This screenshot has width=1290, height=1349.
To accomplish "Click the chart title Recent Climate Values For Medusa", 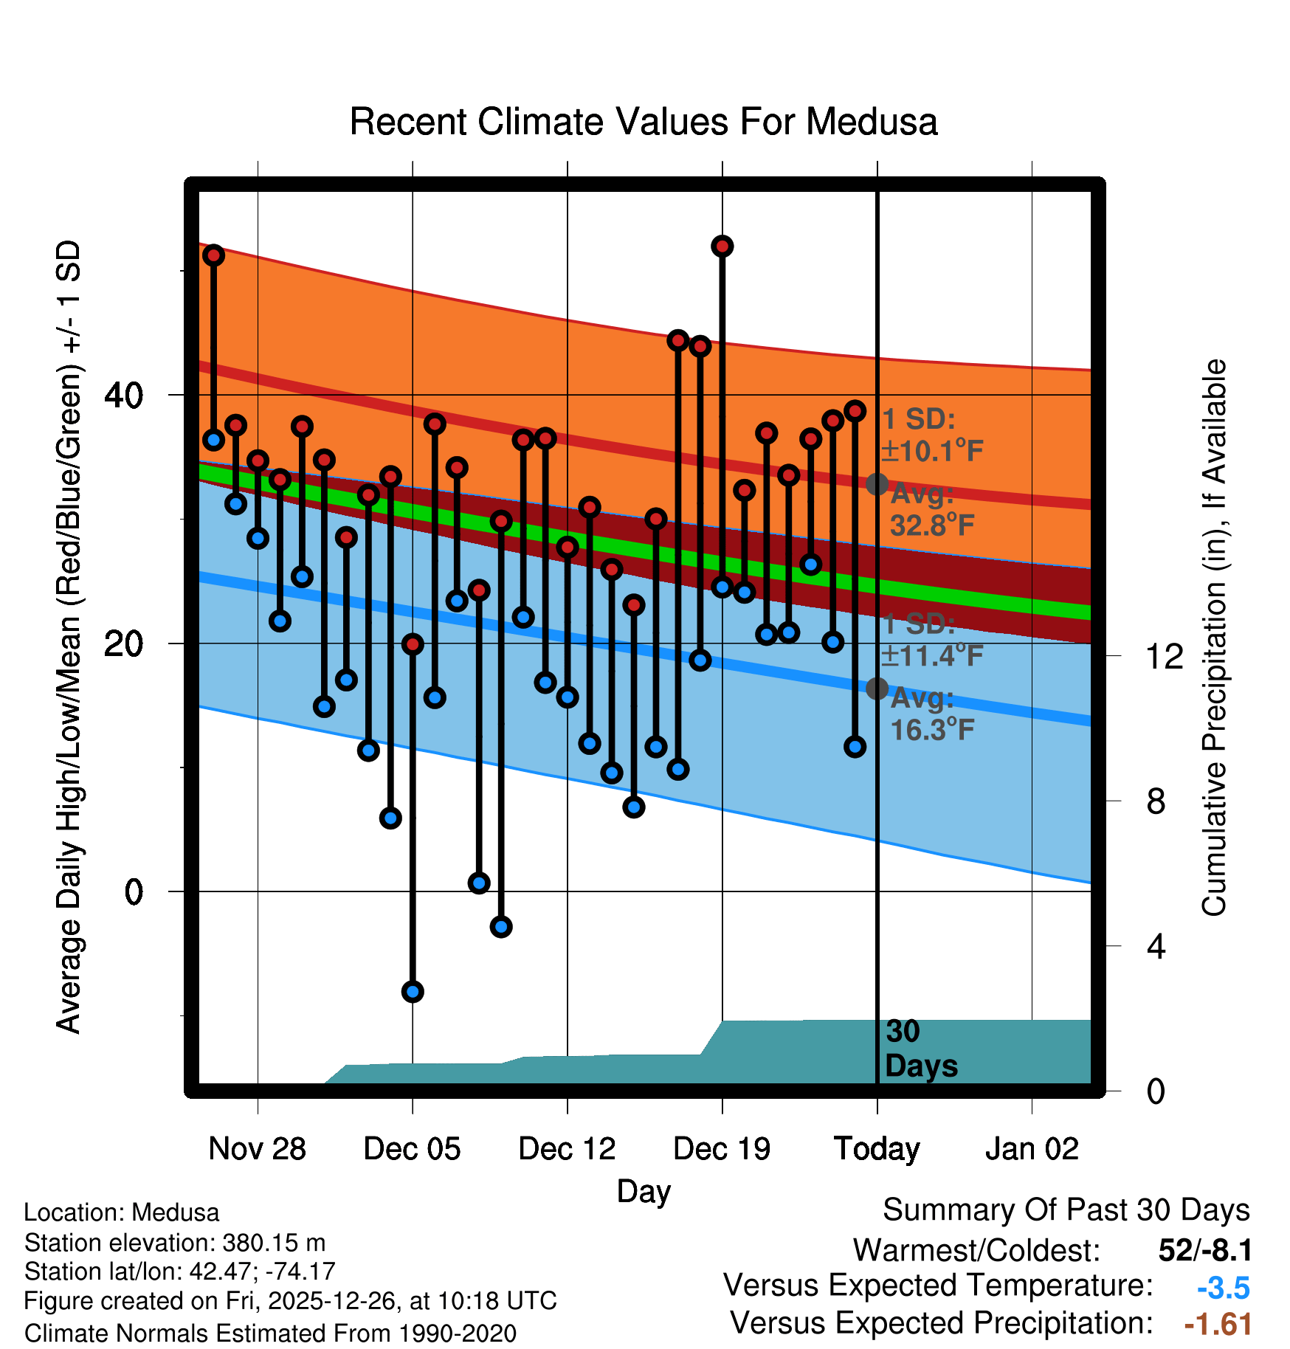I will (x=644, y=122).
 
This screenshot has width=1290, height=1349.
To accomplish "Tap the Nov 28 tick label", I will (x=257, y=1148).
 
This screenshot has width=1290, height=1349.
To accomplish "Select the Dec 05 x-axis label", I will (x=412, y=1148).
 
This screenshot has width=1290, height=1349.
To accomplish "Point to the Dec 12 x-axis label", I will (x=567, y=1148).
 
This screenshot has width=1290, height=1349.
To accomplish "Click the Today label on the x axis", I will (x=877, y=1148).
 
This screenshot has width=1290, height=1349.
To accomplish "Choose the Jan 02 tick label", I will (x=1032, y=1148).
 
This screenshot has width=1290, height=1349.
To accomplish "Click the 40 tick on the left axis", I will (x=123, y=396).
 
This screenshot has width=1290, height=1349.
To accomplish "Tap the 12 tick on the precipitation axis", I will (x=1164, y=656).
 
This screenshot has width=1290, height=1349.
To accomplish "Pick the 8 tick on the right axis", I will (x=1156, y=801).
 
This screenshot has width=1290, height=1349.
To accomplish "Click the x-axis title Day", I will (x=644, y=1191).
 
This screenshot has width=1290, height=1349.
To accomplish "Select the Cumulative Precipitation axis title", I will (x=1214, y=638).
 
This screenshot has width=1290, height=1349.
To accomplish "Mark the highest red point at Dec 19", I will (x=722, y=246).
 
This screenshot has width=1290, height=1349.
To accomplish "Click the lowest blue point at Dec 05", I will (x=413, y=991).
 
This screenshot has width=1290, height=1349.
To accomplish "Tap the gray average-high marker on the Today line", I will (x=877, y=484).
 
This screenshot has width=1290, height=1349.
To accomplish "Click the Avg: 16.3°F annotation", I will (x=931, y=714).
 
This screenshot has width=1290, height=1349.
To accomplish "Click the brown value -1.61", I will (x=1218, y=1324).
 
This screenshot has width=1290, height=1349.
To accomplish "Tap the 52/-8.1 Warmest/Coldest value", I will (x=1204, y=1250).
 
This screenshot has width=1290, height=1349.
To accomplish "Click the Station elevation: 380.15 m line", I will (x=175, y=1243).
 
